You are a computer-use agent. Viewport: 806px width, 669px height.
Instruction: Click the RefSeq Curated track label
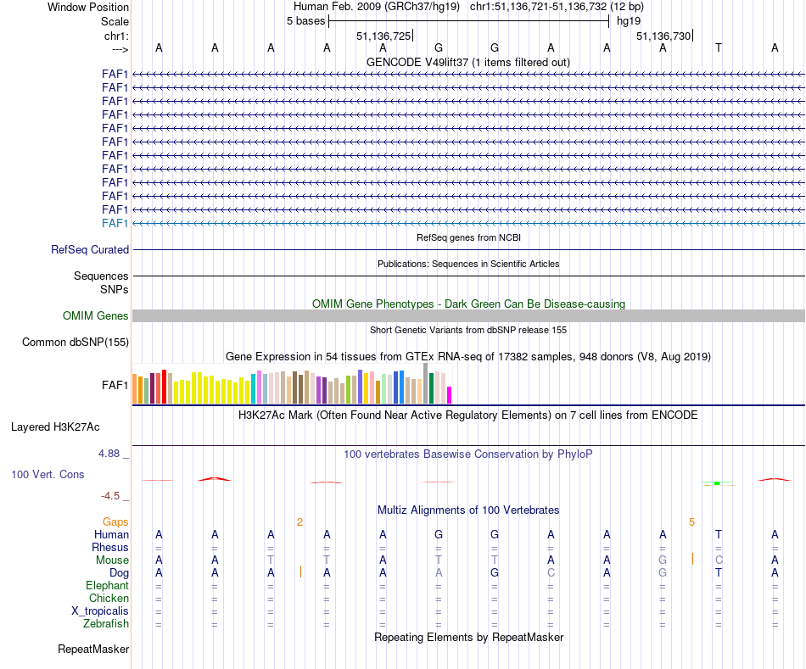click(90, 250)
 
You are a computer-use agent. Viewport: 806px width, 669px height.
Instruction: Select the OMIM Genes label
click(96, 316)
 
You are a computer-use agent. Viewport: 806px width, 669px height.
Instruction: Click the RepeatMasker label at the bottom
click(93, 649)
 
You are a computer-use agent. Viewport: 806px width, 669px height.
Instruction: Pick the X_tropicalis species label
click(100, 611)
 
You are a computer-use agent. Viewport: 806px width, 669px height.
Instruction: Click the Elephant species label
click(108, 586)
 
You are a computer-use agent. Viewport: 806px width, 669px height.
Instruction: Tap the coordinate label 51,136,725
click(383, 36)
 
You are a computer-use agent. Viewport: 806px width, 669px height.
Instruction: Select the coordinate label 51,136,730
click(663, 36)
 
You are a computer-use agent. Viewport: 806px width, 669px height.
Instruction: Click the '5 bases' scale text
click(305, 21)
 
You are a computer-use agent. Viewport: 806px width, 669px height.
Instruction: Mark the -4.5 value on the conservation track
click(111, 496)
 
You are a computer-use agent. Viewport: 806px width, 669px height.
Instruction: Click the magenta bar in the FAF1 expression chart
click(450, 395)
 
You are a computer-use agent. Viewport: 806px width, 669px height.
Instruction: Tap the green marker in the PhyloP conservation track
click(717, 482)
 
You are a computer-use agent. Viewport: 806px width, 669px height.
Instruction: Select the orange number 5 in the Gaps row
click(691, 522)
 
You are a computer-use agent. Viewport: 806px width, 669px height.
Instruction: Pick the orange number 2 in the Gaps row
click(299, 522)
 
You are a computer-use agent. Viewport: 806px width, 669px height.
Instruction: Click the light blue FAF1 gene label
click(115, 223)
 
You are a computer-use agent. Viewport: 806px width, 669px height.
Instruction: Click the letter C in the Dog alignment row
click(551, 573)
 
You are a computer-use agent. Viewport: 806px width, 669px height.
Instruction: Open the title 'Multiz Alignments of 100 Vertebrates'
click(468, 510)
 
